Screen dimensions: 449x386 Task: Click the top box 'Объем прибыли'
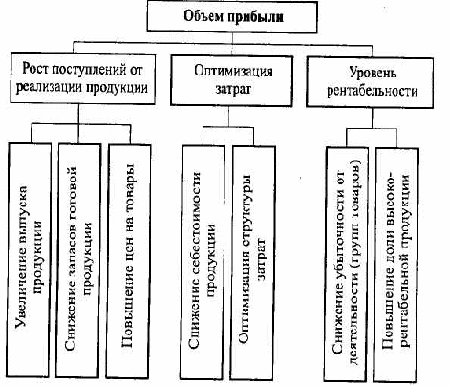(232, 16)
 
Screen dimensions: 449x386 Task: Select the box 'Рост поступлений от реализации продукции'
(83, 78)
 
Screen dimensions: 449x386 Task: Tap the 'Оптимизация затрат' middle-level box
(231, 81)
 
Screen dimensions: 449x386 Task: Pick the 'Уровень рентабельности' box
(370, 82)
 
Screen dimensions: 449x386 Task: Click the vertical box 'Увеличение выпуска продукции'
(30, 261)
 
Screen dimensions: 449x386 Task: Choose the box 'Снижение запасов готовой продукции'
(78, 261)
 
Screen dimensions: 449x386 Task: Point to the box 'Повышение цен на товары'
(128, 261)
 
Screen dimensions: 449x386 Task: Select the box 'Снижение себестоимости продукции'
(203, 263)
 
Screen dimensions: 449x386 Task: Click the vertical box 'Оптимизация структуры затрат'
(253, 263)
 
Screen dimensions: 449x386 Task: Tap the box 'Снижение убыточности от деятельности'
(346, 265)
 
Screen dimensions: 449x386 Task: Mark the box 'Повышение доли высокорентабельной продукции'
(396, 265)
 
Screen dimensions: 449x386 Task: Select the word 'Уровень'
(373, 73)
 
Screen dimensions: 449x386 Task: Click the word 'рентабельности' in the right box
(372, 91)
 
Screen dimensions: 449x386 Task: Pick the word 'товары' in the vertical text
(129, 185)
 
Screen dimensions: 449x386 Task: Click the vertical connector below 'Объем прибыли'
(232, 38)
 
